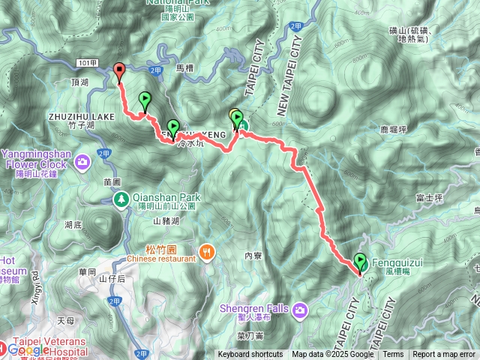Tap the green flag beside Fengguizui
tap(361, 262)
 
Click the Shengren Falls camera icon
tap(300, 309)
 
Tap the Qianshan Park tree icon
tap(121, 199)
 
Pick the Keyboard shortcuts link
tap(250, 355)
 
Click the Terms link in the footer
tap(393, 355)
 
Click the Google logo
tap(30, 349)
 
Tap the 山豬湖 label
tap(166, 221)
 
